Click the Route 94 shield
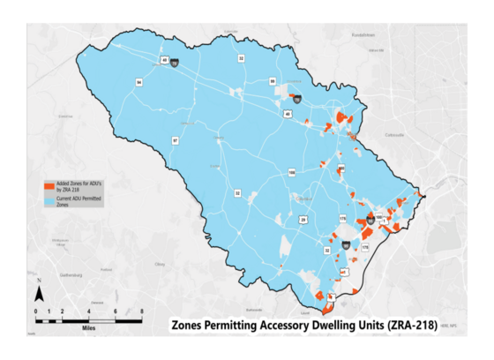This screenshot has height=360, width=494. tap(139, 82)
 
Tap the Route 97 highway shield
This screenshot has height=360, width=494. tap(175, 140)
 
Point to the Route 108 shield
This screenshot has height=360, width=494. tap(291, 173)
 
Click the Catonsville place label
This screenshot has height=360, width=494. tap(395, 135)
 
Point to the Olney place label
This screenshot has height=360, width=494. tap(160, 263)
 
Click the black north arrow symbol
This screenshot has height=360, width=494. tap(40, 294)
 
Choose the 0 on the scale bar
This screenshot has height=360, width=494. tap(36, 311)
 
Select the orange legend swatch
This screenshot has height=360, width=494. tap(49, 185)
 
